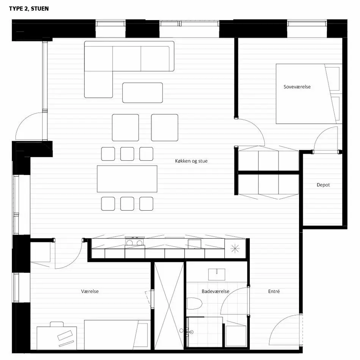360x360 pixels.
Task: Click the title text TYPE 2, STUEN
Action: point(29,9)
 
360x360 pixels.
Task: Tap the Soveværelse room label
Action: point(297,87)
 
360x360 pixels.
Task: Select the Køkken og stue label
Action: point(191,161)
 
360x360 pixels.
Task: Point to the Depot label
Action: point(323,185)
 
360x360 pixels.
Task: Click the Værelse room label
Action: point(90,291)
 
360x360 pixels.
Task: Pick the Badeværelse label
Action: point(215,291)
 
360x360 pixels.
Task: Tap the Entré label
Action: point(274,291)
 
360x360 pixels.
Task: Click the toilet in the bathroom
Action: point(194,304)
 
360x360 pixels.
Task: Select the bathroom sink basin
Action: point(216,274)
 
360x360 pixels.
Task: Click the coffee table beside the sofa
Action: point(142,93)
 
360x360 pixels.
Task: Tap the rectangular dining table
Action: point(127,179)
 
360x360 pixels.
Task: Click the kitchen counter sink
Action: point(195,244)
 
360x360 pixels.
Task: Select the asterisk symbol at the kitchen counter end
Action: point(235,249)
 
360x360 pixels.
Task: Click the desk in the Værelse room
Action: point(57,338)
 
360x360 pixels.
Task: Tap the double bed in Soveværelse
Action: point(309,94)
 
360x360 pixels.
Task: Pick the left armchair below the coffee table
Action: point(125,127)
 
